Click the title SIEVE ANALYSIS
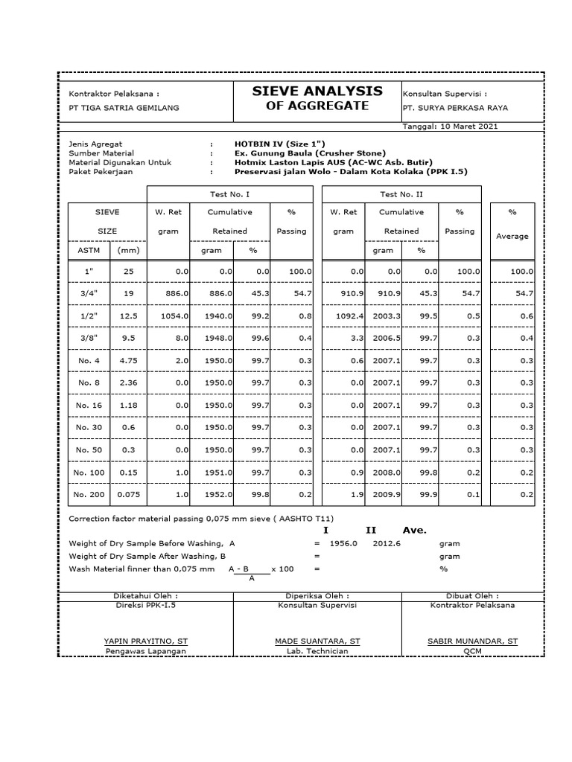pos(318,91)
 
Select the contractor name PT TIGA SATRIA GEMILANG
pos(124,108)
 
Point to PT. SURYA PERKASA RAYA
pos(455,108)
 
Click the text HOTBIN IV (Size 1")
pos(280,143)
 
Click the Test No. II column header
pos(401,193)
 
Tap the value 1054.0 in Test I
pos(176,316)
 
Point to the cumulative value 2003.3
pos(388,316)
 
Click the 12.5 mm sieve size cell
pos(129,316)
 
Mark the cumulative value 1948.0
pos(219,339)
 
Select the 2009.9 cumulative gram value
pos(388,494)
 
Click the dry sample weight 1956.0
pos(344,543)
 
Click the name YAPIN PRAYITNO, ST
pos(146,641)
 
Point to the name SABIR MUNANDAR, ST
pos(472,641)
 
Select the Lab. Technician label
pos(317,651)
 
